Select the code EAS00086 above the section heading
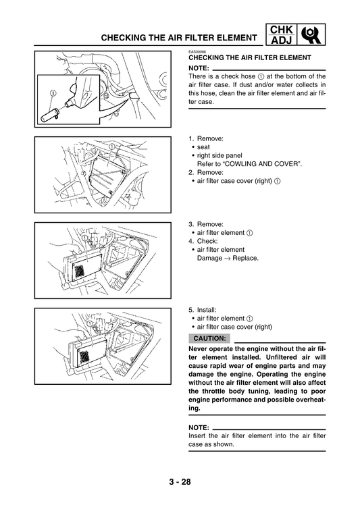point(198,51)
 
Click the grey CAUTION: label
point(209,338)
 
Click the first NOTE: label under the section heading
point(199,69)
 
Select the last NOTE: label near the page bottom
point(199,427)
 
